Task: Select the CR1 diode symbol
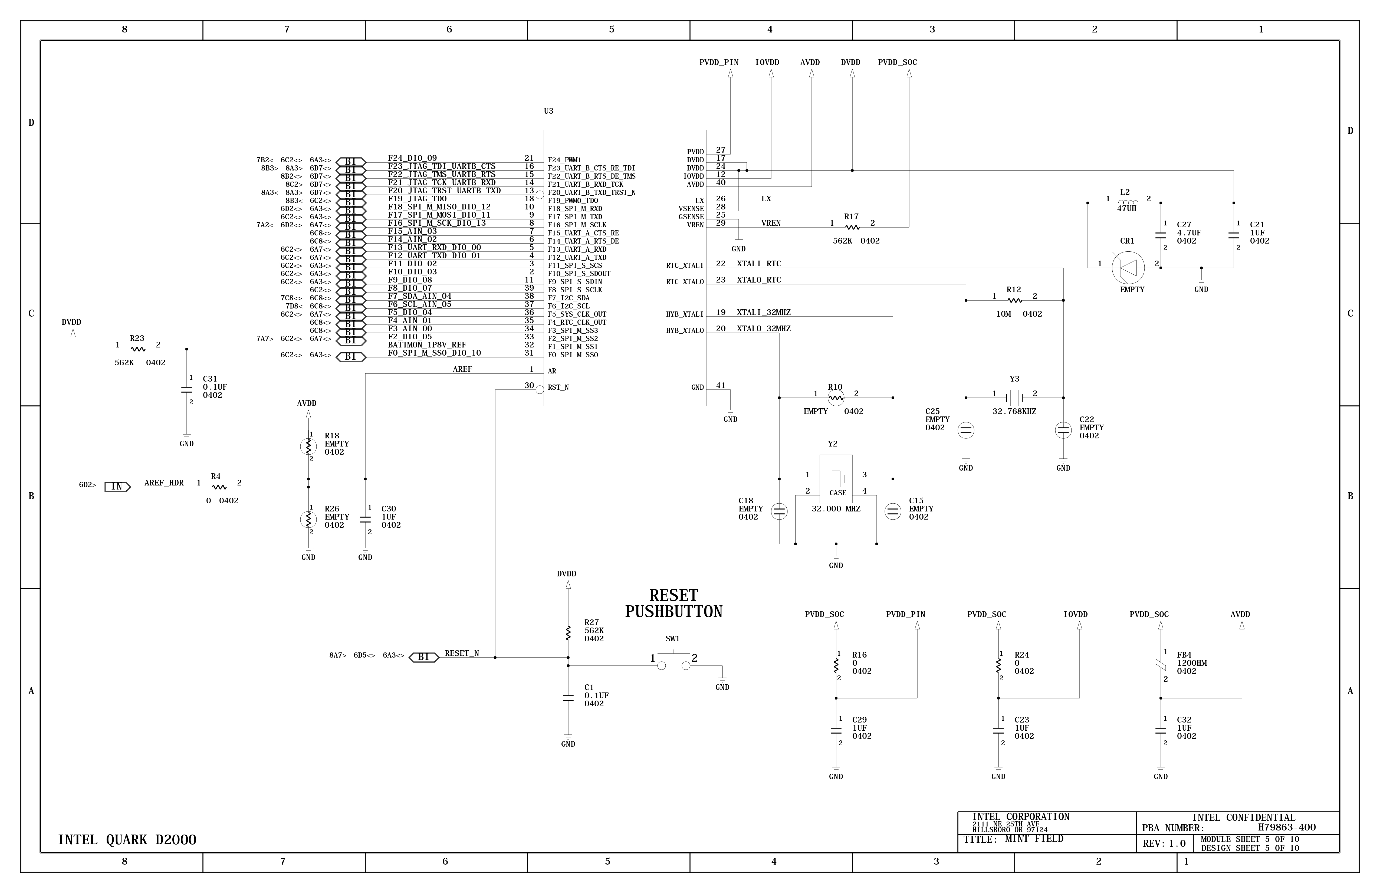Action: tap(1128, 267)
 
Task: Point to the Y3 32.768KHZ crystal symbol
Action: tap(1014, 398)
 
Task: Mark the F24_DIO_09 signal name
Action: tap(412, 158)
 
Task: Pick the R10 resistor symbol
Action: tap(836, 398)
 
